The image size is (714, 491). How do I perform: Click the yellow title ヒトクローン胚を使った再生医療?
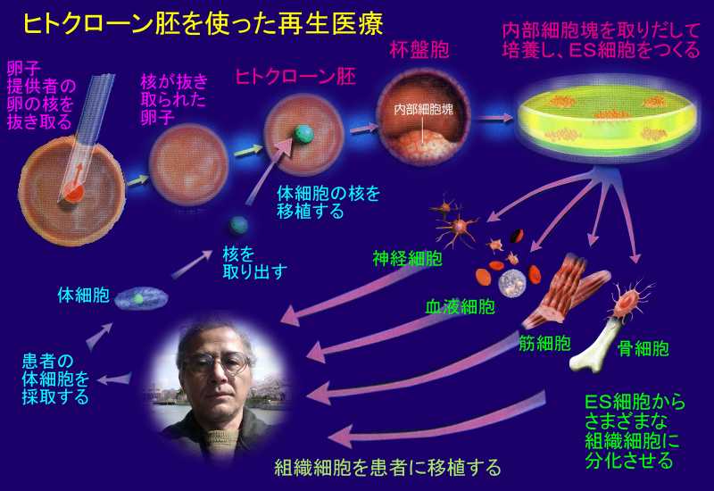click(x=203, y=24)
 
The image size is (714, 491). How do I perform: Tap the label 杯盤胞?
click(x=419, y=50)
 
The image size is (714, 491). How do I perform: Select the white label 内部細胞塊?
click(x=423, y=109)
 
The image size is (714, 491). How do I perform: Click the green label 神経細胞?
click(x=408, y=258)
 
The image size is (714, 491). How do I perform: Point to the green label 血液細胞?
click(x=460, y=307)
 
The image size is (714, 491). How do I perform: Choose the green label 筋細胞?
click(x=545, y=343)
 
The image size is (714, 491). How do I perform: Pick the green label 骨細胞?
click(x=643, y=349)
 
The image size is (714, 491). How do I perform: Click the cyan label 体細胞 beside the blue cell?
click(x=84, y=295)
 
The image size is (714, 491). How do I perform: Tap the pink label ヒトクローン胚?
click(x=295, y=77)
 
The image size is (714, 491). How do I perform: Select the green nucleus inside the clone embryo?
click(x=303, y=133)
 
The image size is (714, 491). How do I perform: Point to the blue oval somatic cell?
click(x=141, y=298)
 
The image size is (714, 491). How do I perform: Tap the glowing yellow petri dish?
click(x=606, y=120)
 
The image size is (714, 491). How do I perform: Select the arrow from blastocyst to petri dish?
click(x=495, y=118)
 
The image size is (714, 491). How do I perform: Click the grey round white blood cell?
click(x=512, y=282)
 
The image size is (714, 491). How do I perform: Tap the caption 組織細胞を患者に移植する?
click(x=388, y=467)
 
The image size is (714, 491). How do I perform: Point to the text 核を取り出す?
click(x=254, y=262)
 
